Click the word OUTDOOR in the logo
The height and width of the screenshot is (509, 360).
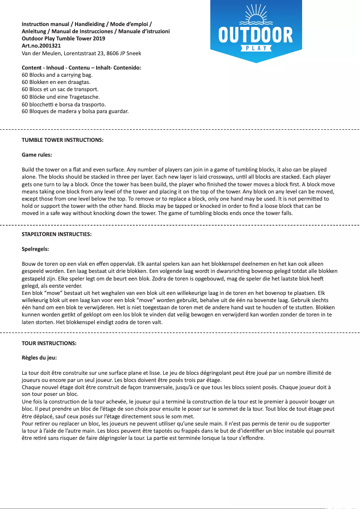(256, 35)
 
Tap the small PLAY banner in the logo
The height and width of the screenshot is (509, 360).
(256, 48)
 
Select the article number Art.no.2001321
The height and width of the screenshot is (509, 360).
(41, 46)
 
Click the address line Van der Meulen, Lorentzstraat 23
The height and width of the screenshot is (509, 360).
(81, 53)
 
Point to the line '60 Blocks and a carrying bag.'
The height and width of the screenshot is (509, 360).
(57, 75)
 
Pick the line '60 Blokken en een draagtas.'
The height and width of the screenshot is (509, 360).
(56, 82)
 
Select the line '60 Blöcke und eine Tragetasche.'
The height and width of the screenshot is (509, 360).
(61, 97)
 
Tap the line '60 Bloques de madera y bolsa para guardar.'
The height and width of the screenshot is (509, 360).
(75, 111)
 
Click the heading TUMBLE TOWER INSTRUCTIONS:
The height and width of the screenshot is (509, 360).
(62, 140)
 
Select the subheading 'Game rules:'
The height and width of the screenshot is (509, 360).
(37, 155)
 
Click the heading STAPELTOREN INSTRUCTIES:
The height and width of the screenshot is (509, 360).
(57, 234)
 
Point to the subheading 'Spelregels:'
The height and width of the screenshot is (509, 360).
(35, 249)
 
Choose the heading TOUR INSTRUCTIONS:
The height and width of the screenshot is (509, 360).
(49, 343)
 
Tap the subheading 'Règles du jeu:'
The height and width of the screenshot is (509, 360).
(39, 358)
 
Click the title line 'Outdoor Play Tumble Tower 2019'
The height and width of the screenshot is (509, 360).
(63, 39)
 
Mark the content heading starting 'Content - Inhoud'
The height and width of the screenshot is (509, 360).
(81, 68)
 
